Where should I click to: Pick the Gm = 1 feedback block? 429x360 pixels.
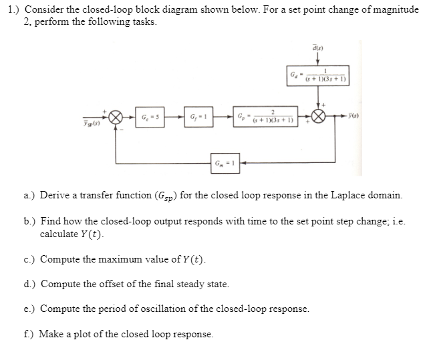[224, 163]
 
